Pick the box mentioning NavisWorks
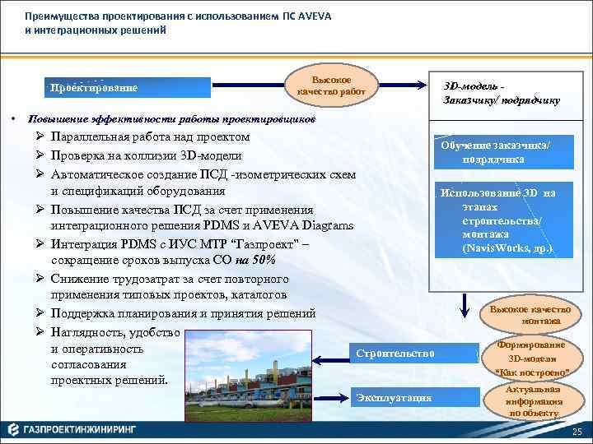coord(497,220)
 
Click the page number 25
coord(577,432)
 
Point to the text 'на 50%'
coord(257,261)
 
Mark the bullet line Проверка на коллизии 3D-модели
coord(146,155)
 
